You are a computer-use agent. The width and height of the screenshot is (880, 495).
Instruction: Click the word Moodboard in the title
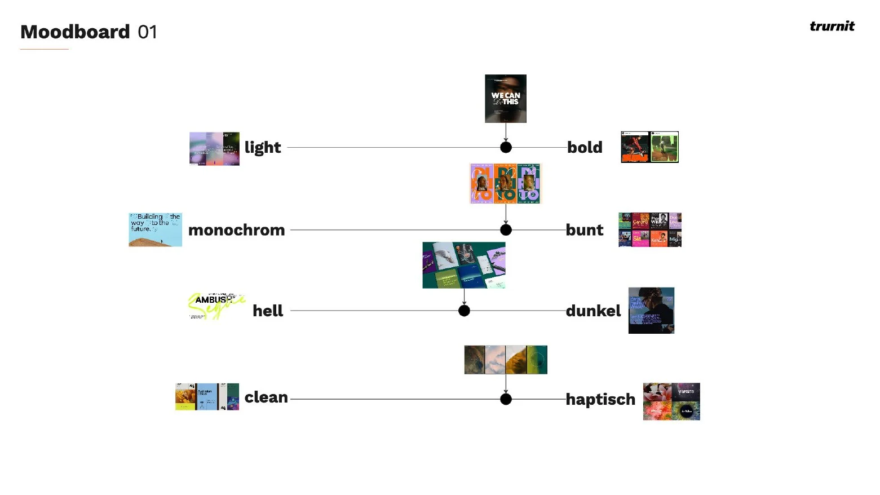[75, 32]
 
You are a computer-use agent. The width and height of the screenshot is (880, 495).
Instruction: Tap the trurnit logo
[832, 26]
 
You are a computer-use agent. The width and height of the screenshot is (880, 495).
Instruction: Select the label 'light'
[262, 148]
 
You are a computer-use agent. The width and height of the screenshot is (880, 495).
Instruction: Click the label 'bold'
[585, 148]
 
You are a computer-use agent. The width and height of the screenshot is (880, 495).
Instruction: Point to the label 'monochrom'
[236, 230]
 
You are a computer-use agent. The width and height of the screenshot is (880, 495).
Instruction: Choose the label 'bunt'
[584, 230]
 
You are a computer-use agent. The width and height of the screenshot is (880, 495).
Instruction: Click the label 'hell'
[268, 311]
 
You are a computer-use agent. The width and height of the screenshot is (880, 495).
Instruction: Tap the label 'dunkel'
[593, 311]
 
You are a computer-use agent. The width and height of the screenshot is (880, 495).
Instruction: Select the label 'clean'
[266, 397]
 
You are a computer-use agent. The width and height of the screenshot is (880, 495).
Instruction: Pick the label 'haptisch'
[600, 399]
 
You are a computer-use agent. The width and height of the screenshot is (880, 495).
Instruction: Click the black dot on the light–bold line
[506, 147]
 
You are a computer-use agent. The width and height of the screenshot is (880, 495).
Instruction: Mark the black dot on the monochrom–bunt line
[506, 230]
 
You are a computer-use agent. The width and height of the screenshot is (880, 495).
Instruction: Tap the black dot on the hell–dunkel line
[464, 311]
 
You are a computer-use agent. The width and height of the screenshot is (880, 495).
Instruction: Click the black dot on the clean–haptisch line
[506, 399]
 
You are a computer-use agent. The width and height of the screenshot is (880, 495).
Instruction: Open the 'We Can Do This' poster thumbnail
[506, 99]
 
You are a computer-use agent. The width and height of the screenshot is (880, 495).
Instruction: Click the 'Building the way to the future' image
[155, 229]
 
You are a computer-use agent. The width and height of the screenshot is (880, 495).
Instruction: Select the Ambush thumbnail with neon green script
[216, 306]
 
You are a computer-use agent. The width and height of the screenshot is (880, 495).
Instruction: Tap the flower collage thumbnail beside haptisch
[671, 401]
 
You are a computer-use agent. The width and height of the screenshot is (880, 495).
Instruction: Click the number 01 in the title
[147, 32]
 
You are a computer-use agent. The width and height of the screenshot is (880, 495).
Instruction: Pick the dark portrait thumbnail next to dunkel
[651, 311]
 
